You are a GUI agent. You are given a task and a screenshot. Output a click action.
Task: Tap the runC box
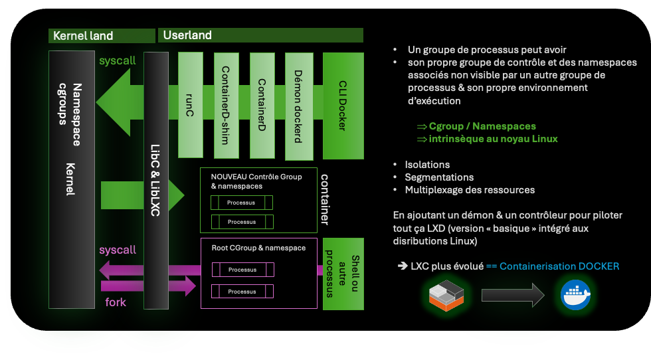[x=190, y=106]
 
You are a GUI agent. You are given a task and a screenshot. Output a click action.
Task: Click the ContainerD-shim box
[x=226, y=106]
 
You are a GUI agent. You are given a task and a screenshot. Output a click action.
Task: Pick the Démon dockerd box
[x=298, y=106]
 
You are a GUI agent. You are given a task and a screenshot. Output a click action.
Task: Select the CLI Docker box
[x=343, y=106]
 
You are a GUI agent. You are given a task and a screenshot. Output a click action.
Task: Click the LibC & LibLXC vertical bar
[x=156, y=180]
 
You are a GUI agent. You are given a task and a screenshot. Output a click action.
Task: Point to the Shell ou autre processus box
[x=343, y=273]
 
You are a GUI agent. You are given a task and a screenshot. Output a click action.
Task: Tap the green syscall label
[x=118, y=60]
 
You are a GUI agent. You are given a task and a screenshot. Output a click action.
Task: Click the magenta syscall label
[x=118, y=250]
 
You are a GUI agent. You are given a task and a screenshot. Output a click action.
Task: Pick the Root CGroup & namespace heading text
[x=258, y=248]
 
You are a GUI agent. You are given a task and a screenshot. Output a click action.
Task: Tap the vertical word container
[x=325, y=199]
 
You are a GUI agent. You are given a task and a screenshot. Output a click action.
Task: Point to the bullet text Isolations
[x=427, y=165]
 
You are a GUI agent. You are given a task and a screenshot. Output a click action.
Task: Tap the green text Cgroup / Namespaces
[x=482, y=126]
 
